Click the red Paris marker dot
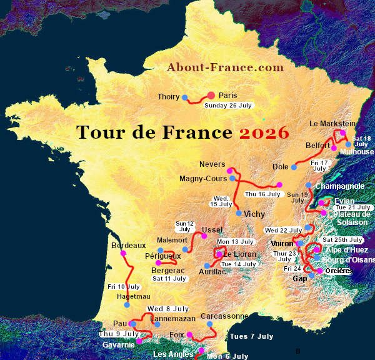[211, 96]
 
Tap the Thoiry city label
[168, 97]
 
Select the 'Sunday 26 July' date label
[228, 106]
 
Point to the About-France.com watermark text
[225, 67]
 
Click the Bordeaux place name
[128, 246]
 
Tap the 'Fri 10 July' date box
[123, 286]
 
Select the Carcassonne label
[224, 316]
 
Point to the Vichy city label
[254, 214]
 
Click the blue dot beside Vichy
[239, 213]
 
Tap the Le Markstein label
[332, 124]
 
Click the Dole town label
[281, 166]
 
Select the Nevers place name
[212, 164]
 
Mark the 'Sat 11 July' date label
[169, 278]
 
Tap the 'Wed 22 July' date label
[283, 230]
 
